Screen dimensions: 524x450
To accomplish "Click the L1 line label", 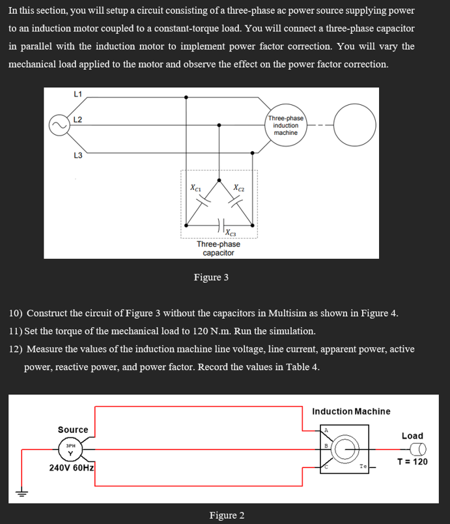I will (x=77, y=94).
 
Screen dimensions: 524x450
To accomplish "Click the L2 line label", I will (x=77, y=119).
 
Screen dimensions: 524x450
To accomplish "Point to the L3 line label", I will (x=77, y=154).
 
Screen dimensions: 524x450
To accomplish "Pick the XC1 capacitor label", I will (x=195, y=187).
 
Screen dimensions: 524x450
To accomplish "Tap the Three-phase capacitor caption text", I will (x=218, y=248).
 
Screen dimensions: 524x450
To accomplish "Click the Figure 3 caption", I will (x=211, y=278).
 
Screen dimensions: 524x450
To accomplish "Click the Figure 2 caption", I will (x=227, y=516).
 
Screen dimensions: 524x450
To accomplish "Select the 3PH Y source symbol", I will (x=70, y=450).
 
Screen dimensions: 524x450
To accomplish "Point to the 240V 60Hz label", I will (x=72, y=468).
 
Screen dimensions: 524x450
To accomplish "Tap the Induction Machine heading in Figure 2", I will (x=351, y=411).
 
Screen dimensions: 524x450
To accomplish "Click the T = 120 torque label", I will (x=412, y=462).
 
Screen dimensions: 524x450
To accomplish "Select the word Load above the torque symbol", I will (x=412, y=435).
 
